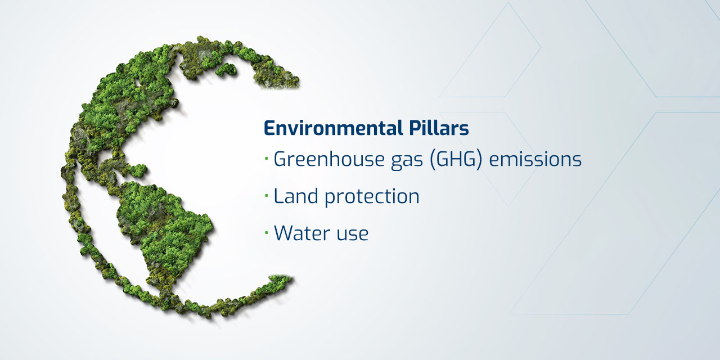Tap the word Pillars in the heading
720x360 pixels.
[436, 128]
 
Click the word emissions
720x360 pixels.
[535, 160]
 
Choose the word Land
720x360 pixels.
[294, 196]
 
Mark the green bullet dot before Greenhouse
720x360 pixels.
[266, 160]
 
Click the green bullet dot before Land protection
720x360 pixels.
[266, 196]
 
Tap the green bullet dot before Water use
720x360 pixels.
[266, 233]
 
